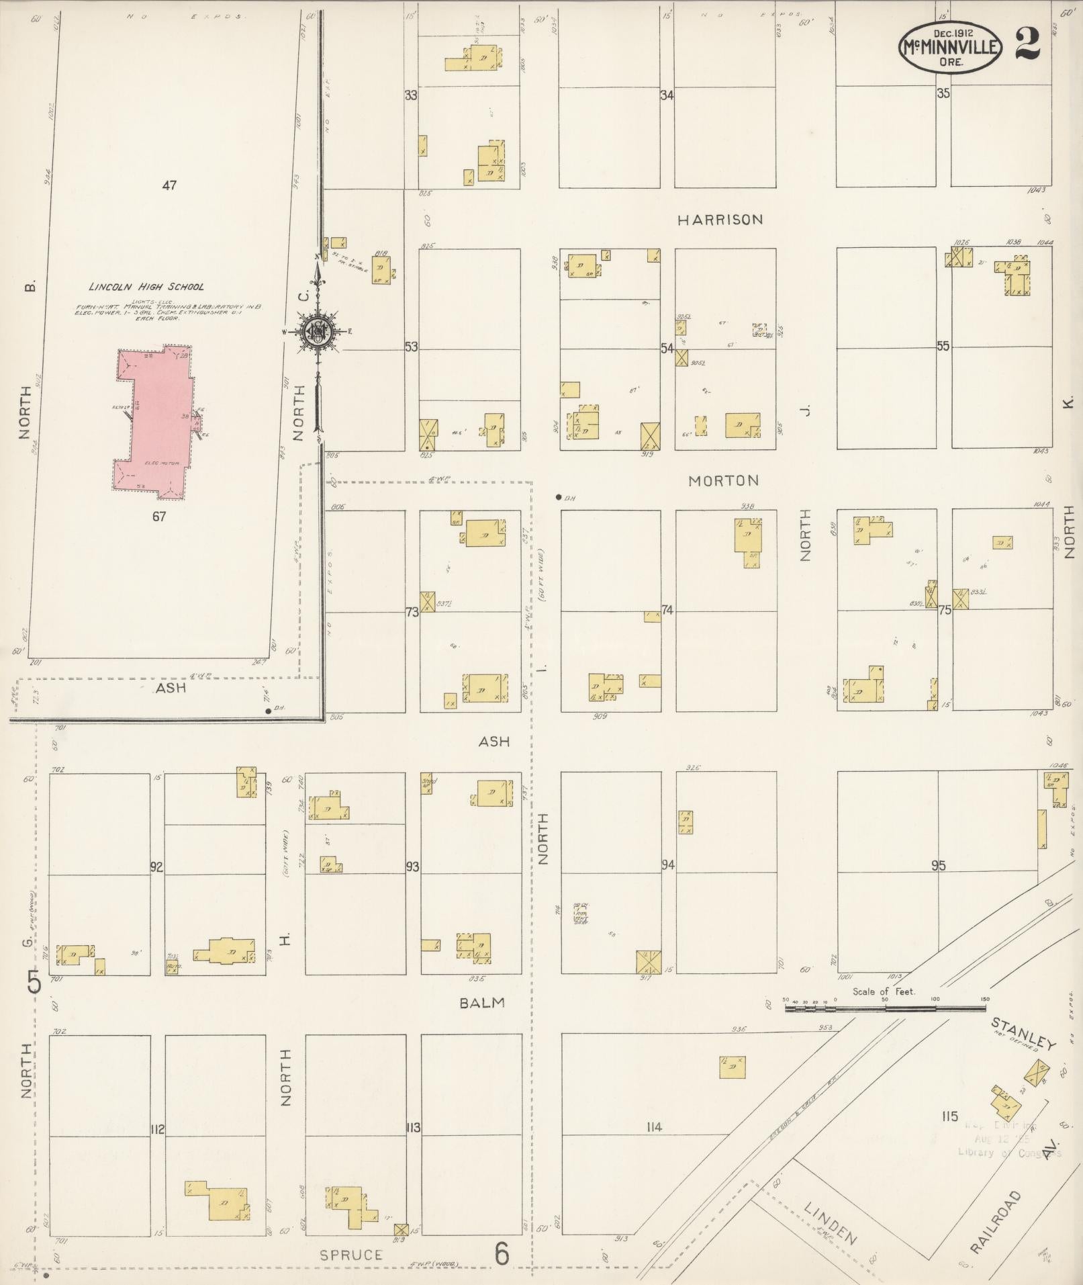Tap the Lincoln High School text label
point(147,287)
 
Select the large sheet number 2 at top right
point(1028,44)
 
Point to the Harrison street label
point(720,220)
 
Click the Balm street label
point(482,1002)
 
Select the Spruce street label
point(350,1254)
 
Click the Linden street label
point(831,1223)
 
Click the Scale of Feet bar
point(885,1008)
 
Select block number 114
point(654,1126)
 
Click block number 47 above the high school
point(169,185)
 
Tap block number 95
point(938,866)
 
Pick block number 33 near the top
point(410,95)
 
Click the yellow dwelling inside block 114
point(732,1067)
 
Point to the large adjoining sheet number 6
point(502,1253)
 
